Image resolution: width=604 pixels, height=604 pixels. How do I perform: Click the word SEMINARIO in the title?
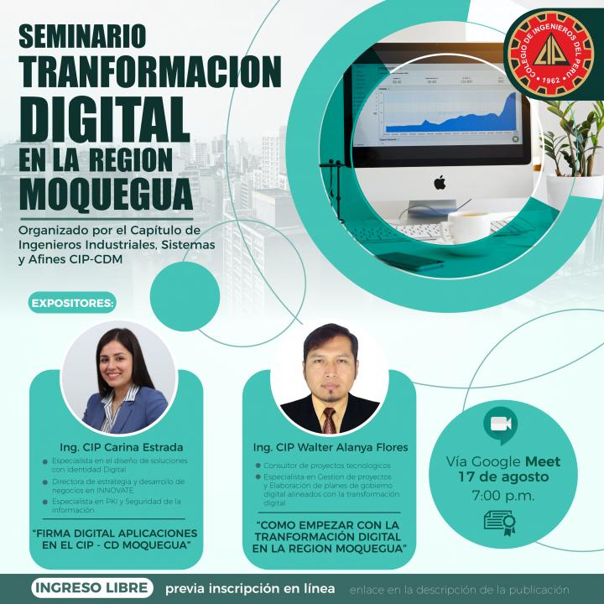[x=82, y=36]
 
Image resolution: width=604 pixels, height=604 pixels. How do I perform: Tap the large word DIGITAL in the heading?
[x=104, y=119]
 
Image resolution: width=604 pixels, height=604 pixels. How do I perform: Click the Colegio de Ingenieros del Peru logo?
[x=550, y=54]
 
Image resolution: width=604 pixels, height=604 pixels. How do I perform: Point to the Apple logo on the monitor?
[x=440, y=182]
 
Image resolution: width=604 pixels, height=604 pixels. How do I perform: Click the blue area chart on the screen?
[x=450, y=115]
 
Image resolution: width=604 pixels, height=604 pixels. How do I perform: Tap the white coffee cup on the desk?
[x=468, y=227]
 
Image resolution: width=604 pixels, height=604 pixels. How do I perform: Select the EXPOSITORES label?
[x=72, y=303]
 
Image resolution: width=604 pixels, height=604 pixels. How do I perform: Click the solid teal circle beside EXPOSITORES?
[x=185, y=296]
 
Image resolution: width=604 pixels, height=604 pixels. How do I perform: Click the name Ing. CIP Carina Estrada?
[x=122, y=447]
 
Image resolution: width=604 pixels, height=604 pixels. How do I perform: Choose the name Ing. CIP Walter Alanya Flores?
[x=331, y=447]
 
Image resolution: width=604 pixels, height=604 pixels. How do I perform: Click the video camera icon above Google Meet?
[x=500, y=424]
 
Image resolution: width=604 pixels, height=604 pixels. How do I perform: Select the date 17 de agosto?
[x=503, y=476]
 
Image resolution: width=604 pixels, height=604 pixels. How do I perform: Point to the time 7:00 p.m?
[x=503, y=496]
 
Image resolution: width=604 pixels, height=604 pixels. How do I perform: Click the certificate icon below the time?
[x=500, y=523]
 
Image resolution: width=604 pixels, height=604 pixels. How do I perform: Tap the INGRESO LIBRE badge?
[x=92, y=588]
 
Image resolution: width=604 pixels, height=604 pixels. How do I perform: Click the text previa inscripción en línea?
[x=250, y=589]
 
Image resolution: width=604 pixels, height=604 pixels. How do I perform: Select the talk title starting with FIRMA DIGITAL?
[x=115, y=539]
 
